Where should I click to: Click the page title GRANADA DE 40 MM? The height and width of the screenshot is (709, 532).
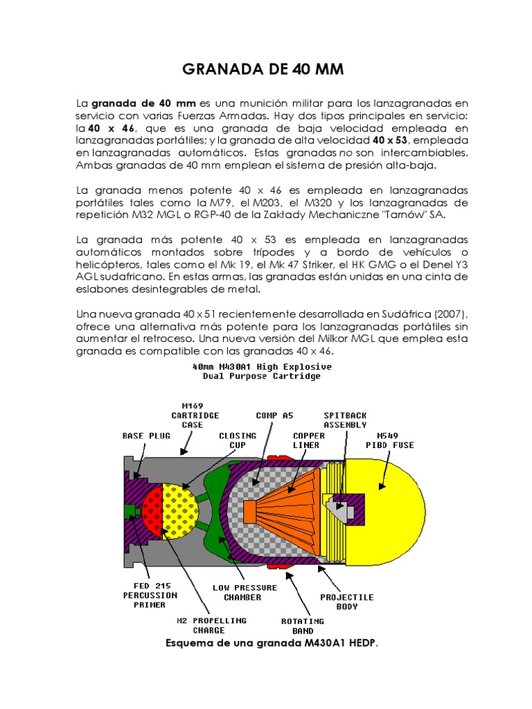pyautogui.click(x=263, y=70)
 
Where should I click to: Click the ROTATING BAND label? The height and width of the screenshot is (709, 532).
pyautogui.click(x=303, y=626)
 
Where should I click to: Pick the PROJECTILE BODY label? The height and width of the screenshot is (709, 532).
pyautogui.click(x=346, y=602)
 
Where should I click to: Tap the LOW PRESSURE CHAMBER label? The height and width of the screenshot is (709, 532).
pyautogui.click(x=245, y=592)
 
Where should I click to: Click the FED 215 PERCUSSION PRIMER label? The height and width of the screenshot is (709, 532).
pyautogui.click(x=150, y=595)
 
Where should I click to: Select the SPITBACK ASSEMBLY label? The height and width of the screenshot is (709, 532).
pyautogui.click(x=342, y=420)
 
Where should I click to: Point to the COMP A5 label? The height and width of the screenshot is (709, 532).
pyautogui.click(x=275, y=415)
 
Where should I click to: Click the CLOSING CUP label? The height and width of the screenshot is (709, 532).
pyautogui.click(x=238, y=440)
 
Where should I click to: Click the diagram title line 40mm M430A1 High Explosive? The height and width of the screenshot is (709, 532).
pyautogui.click(x=261, y=366)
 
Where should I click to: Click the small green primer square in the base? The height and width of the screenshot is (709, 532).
pyautogui.click(x=130, y=511)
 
